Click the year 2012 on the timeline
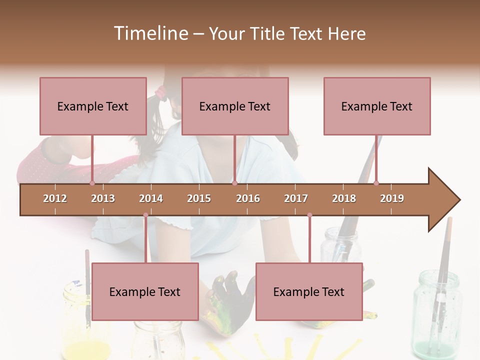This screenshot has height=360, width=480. (55, 198)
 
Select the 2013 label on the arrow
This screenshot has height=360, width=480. (103, 198)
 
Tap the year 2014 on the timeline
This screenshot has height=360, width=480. (151, 198)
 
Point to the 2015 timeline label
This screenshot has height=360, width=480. (199, 198)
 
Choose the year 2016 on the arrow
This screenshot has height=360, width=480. (248, 198)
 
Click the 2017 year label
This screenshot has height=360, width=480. (296, 198)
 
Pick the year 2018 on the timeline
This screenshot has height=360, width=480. (344, 198)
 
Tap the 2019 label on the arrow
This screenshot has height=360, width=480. (392, 198)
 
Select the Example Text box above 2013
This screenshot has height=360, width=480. (93, 106)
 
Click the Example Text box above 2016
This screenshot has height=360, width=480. (235, 106)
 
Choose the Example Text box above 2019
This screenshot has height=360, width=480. (377, 106)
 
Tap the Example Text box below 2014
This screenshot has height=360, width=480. (145, 291)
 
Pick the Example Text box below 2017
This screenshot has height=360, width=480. (309, 291)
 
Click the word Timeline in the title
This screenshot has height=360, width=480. (150, 33)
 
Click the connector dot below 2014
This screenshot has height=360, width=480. (145, 215)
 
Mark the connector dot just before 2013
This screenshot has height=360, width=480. (92, 183)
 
